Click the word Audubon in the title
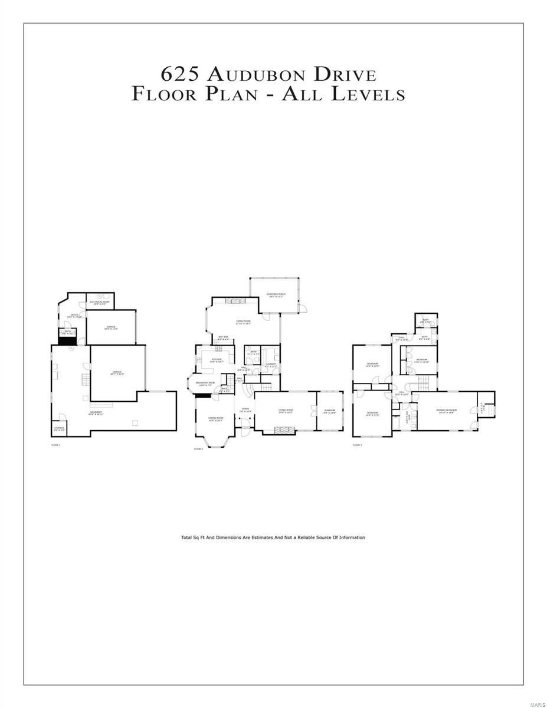click(x=257, y=75)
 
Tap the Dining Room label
click(x=216, y=419)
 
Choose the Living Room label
click(x=286, y=411)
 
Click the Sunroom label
click(x=329, y=411)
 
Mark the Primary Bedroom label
click(x=447, y=411)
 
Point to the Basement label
click(x=96, y=413)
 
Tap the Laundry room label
click(x=271, y=365)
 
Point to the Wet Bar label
click(x=224, y=339)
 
